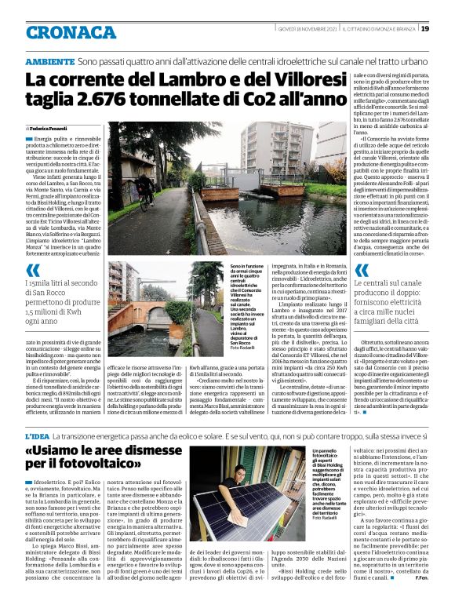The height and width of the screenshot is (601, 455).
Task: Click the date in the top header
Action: tap(299, 29)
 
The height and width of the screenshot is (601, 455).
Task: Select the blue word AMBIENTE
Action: tap(49, 61)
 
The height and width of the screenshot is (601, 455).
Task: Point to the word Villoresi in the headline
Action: tap(256, 79)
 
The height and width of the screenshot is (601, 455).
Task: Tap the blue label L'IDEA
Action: tap(37, 436)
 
